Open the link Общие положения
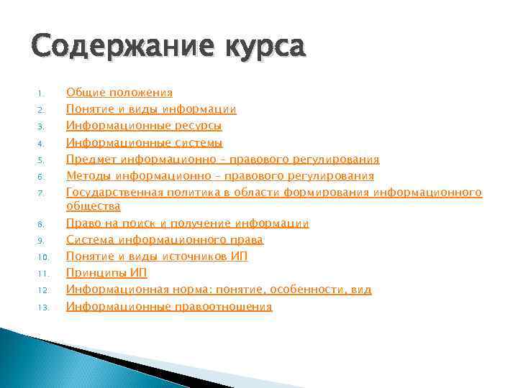pos(119,92)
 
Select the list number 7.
pos(42,193)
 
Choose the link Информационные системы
pos(144,142)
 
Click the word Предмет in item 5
pos(91,159)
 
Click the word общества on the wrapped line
pos(93,206)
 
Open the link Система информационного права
pos(164,239)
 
